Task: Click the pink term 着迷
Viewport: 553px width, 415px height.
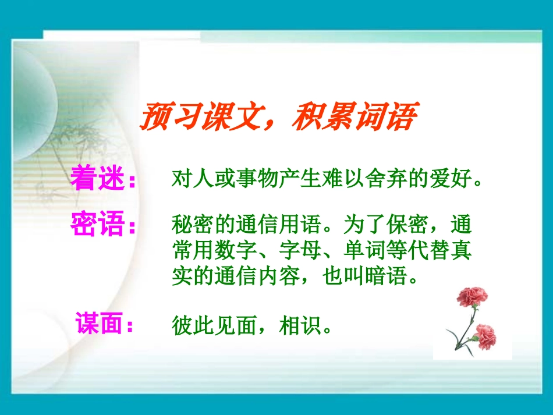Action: click(97, 178)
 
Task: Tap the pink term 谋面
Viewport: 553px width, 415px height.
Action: click(98, 324)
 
